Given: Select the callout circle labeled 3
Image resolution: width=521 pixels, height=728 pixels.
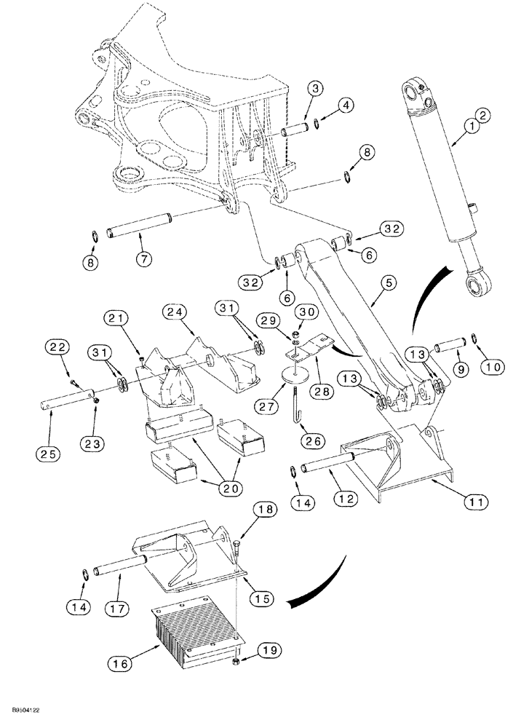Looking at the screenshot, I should pyautogui.click(x=314, y=88).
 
